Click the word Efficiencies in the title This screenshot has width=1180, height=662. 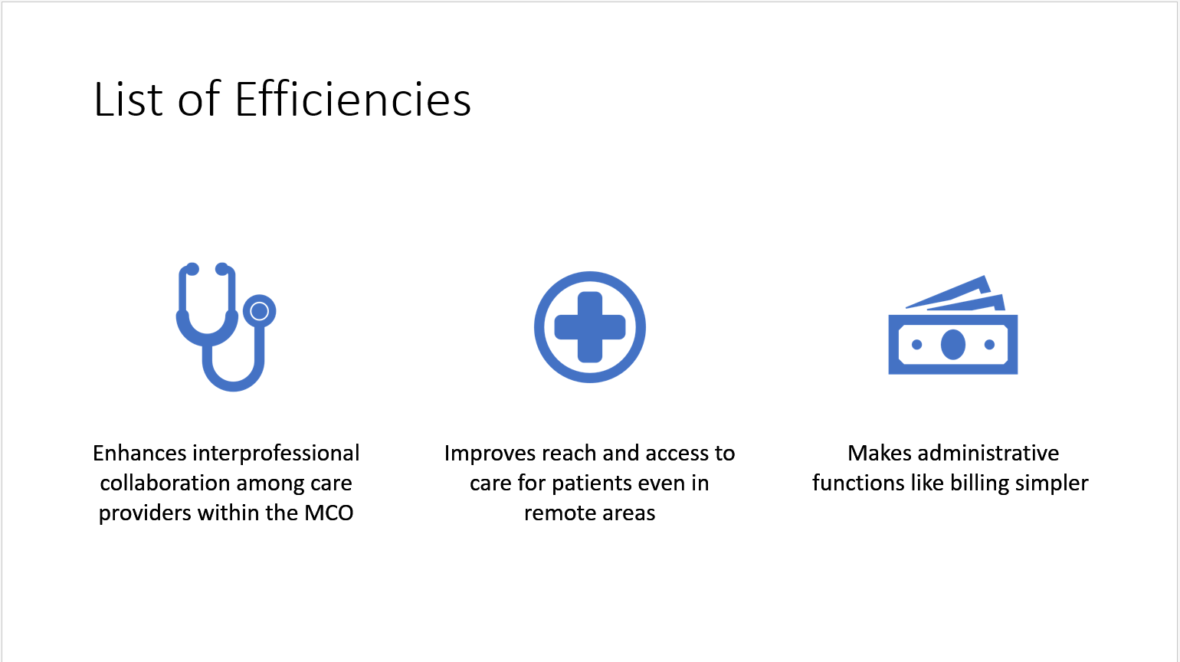[352, 99]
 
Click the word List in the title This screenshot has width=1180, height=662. [128, 99]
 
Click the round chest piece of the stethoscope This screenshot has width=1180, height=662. [259, 311]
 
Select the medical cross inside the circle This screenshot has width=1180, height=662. [590, 327]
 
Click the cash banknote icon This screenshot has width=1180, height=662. [953, 325]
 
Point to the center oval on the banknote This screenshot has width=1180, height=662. [953, 345]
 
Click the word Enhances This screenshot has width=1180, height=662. [139, 454]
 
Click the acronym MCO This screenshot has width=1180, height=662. [329, 513]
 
